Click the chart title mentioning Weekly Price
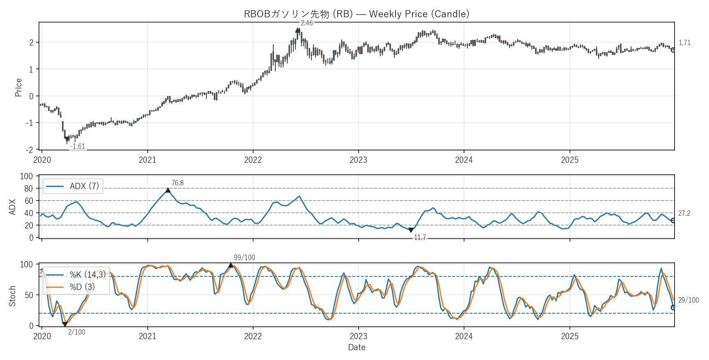[x=356, y=14]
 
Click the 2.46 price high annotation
[x=306, y=23]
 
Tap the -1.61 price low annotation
[x=78, y=146]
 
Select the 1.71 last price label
[x=684, y=43]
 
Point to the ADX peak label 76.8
[x=177, y=183]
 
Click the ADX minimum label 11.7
[x=420, y=237]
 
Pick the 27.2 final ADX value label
[x=684, y=213]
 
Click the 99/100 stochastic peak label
[x=244, y=257]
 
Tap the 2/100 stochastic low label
[x=77, y=332]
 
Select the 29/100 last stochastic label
[x=688, y=300]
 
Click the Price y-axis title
[x=18, y=87]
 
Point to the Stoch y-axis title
[x=12, y=296]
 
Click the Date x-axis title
[x=357, y=347]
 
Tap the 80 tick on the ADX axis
[x=28, y=189]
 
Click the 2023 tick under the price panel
[x=358, y=160]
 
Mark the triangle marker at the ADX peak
[x=168, y=190]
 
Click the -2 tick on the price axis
[x=30, y=150]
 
